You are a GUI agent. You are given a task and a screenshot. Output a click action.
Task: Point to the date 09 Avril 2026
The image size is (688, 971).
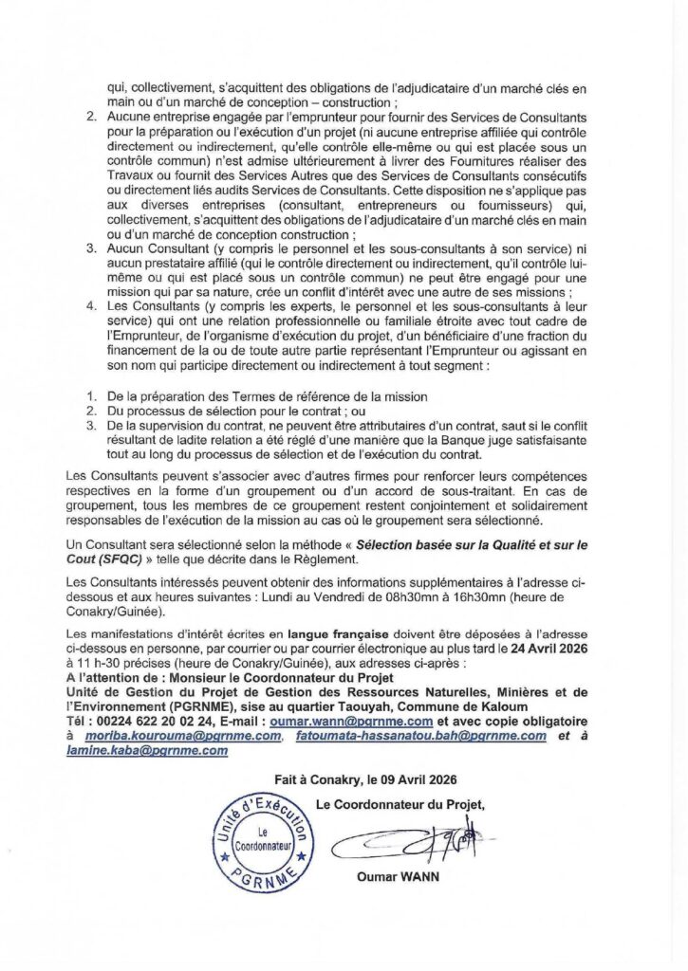coord(419,779)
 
